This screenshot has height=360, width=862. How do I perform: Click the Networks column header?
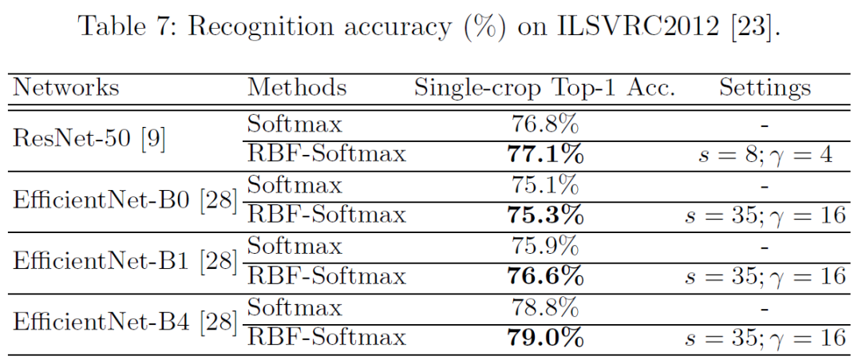coord(66,88)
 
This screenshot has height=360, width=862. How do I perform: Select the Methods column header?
coord(296,88)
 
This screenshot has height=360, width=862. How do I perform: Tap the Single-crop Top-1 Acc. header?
coord(544,88)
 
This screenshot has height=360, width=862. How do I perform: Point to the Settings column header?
coord(765,88)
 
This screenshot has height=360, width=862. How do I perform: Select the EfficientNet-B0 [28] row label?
coord(125,200)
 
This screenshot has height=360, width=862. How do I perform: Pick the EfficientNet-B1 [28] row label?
coord(125,261)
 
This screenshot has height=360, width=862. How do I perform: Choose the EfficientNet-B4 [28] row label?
coord(125,322)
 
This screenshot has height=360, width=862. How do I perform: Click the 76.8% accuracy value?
coord(544,124)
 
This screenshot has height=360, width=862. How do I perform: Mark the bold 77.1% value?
coord(545,154)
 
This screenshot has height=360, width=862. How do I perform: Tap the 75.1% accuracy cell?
coord(544,185)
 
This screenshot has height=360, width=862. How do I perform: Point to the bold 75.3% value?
coord(545,216)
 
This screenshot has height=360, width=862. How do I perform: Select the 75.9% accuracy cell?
coord(544,246)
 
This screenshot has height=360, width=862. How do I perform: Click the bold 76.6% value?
coord(545,276)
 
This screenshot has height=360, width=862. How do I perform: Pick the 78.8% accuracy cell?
coord(544,307)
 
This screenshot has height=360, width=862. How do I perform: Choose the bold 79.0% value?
coord(545,338)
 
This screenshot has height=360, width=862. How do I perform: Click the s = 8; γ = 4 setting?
coord(765,155)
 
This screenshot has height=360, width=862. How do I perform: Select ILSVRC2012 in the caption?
coord(646,26)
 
